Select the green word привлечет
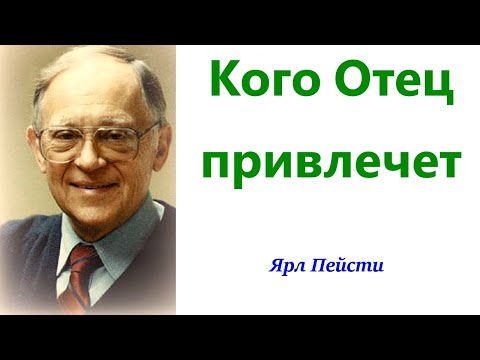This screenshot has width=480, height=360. pos(327,163)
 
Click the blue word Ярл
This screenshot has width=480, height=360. pos(285,267)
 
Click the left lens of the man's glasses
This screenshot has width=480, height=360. pos(62,143)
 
